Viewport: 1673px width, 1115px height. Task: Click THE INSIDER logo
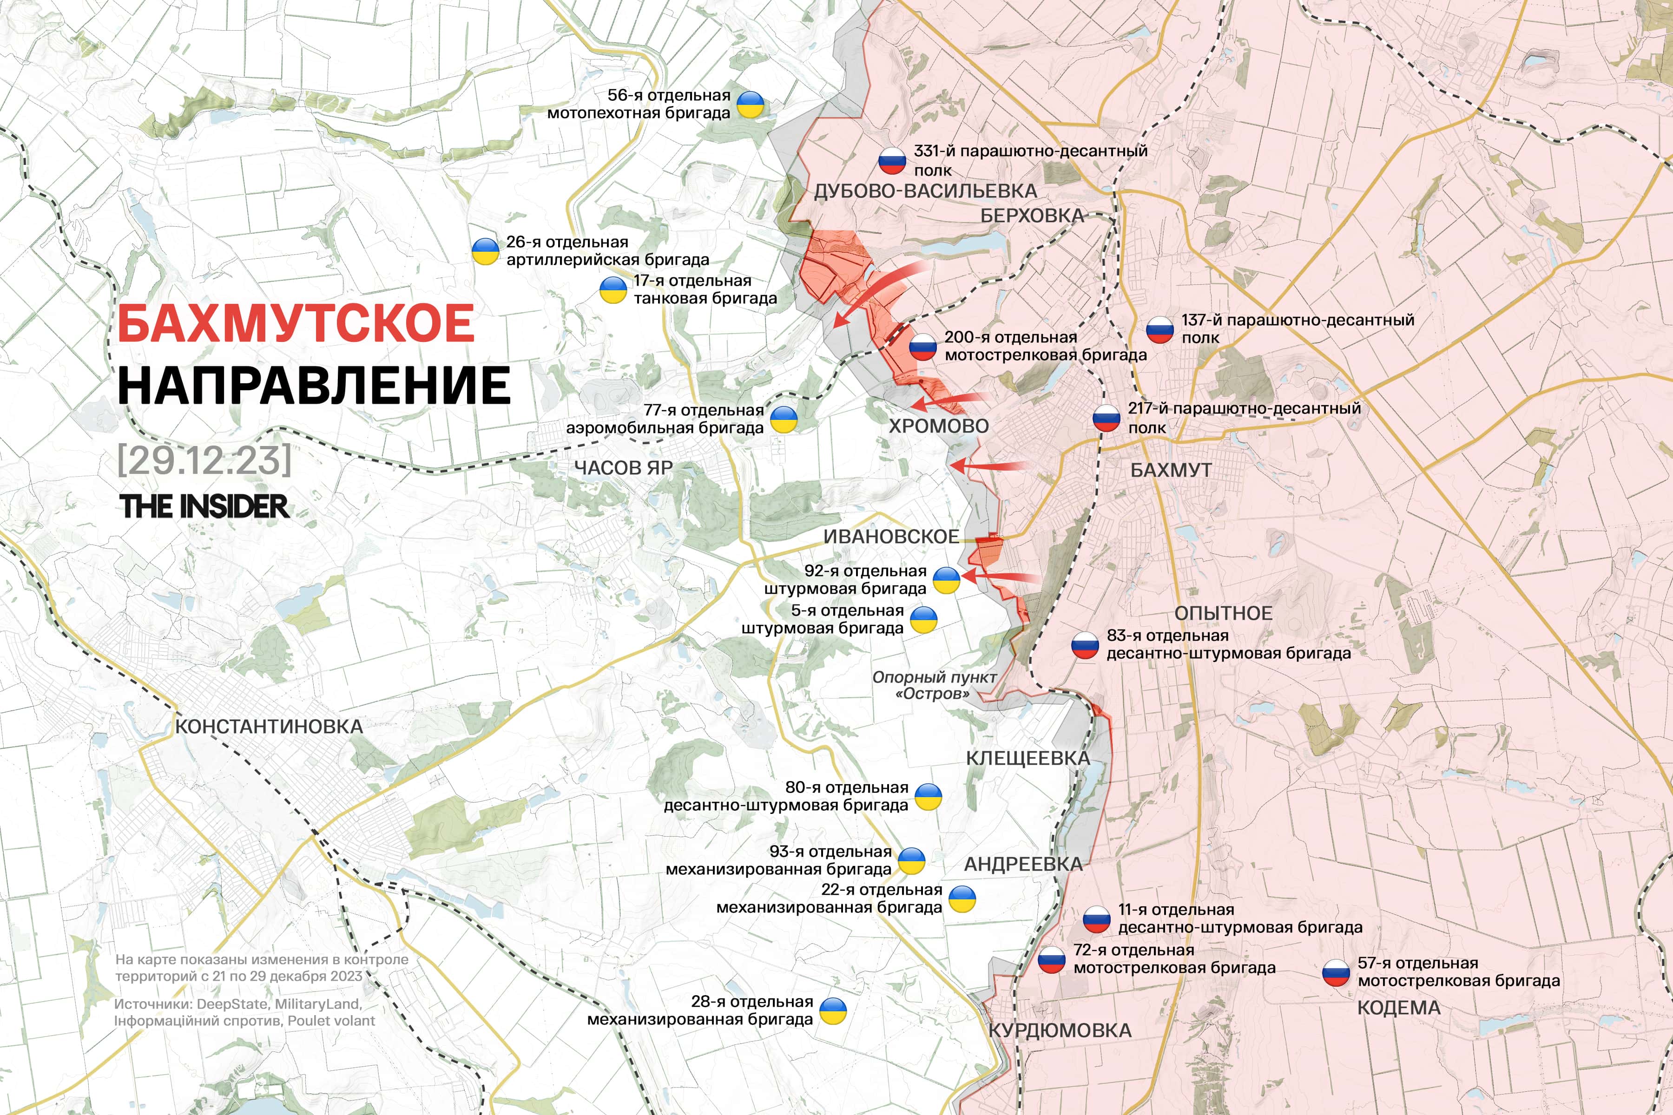[x=204, y=506]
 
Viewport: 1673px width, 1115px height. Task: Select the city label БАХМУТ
[x=1170, y=470]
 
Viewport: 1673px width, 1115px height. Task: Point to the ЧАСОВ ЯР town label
[x=623, y=467]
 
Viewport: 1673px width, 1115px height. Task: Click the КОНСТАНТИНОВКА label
[x=269, y=726]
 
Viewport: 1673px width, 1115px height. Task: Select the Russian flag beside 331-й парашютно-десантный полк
[x=891, y=161]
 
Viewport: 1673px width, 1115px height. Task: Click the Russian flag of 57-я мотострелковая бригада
[x=1336, y=972]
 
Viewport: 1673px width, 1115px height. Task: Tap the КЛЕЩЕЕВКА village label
[x=1027, y=758]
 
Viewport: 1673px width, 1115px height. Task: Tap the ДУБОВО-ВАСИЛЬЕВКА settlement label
[x=925, y=190]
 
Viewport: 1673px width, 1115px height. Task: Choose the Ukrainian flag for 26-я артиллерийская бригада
[x=485, y=251]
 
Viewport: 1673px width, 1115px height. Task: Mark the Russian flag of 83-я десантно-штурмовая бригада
[x=1085, y=645]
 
